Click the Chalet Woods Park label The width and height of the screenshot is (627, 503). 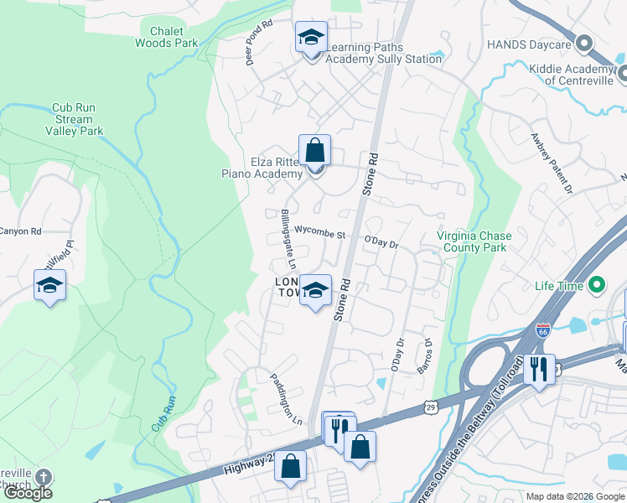click(167, 37)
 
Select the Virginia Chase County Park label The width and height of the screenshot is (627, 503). click(474, 241)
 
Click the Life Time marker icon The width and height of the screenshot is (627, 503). click(597, 286)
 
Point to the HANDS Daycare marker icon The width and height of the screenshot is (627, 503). click(584, 43)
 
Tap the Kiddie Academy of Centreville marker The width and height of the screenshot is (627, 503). click(622, 75)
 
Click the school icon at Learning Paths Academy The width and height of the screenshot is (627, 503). click(311, 39)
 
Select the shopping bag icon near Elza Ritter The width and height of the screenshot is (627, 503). click(314, 151)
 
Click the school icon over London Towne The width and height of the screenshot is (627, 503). click(315, 291)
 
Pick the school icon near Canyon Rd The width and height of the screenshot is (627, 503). click(49, 286)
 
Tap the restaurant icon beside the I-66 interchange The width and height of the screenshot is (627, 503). click(539, 369)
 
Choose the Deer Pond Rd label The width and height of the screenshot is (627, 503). click(258, 41)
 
